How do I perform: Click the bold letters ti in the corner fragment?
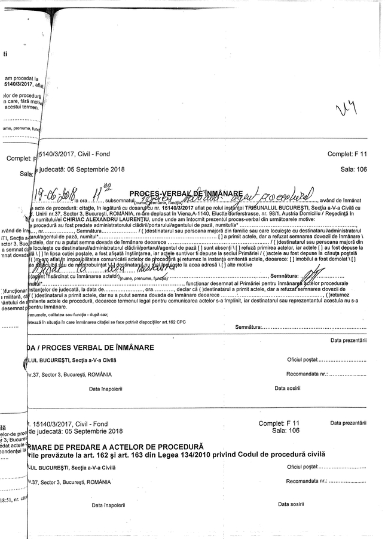pos(5,54)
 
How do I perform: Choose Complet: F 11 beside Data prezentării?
pos(279,423)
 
